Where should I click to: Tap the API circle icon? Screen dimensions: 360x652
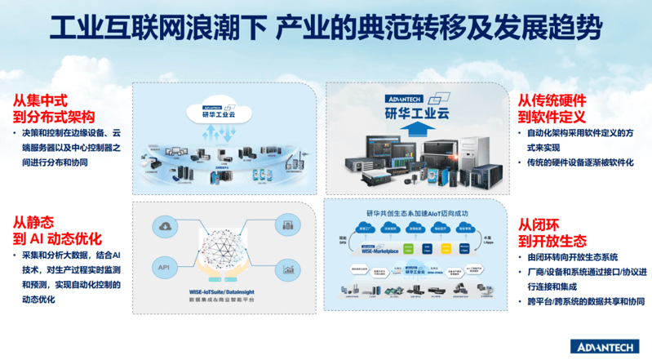(x=164, y=267)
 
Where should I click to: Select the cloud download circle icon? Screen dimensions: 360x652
(x=165, y=226)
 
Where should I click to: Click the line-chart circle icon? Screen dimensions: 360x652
(x=288, y=266)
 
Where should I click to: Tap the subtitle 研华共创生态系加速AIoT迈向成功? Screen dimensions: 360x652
(x=418, y=211)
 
